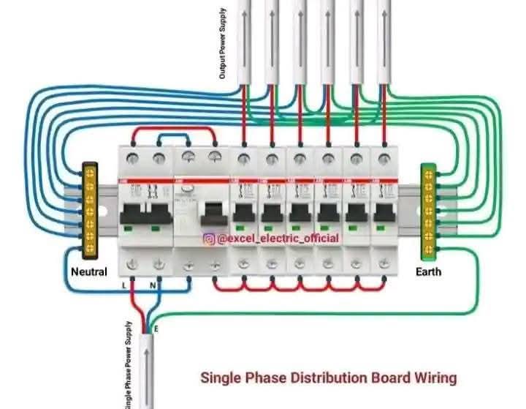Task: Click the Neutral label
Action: (88, 272)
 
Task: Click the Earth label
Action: (428, 272)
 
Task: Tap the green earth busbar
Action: (428, 211)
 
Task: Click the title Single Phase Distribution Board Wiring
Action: (329, 378)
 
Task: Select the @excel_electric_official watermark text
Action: (278, 239)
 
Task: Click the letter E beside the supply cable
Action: (156, 330)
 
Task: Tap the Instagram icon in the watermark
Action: (209, 239)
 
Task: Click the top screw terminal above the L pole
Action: (132, 157)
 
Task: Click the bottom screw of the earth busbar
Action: (428, 249)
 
